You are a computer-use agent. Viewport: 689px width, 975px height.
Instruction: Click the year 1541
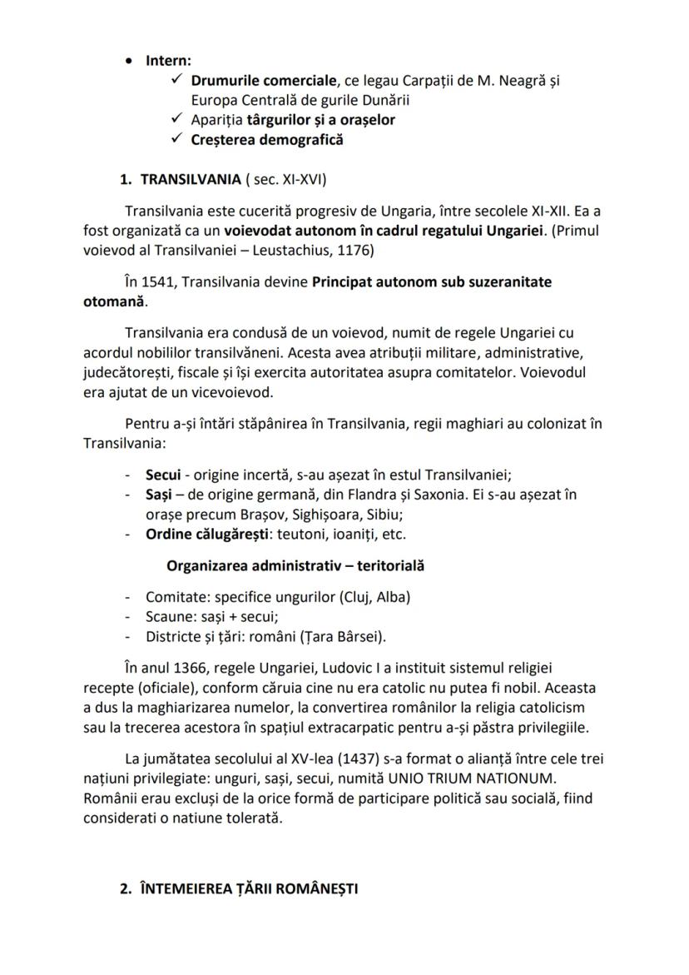coord(162,282)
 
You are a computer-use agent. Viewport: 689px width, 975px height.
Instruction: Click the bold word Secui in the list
coord(163,475)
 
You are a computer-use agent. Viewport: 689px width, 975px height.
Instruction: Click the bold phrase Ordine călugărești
coord(204,534)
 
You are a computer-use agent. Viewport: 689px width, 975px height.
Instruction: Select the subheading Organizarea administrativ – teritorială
coord(295,565)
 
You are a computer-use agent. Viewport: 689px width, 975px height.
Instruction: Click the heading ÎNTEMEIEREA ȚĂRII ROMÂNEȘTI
coord(249,889)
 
